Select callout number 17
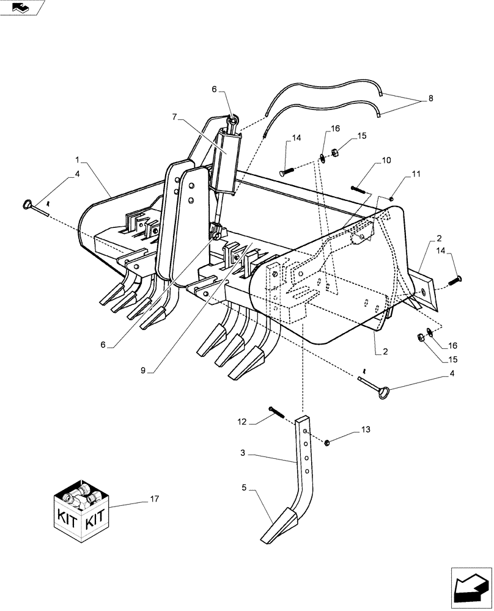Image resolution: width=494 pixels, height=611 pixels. coord(153,499)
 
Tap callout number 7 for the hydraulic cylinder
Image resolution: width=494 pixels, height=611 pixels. coord(174,115)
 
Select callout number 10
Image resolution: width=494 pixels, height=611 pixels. coord(386,161)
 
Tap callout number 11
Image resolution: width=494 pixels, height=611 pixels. coord(416,175)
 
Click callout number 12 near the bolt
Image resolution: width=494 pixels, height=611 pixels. coord(241,422)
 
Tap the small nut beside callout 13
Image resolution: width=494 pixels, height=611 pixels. coord(328,442)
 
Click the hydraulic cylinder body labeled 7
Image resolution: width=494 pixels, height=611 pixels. coord(226,161)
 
